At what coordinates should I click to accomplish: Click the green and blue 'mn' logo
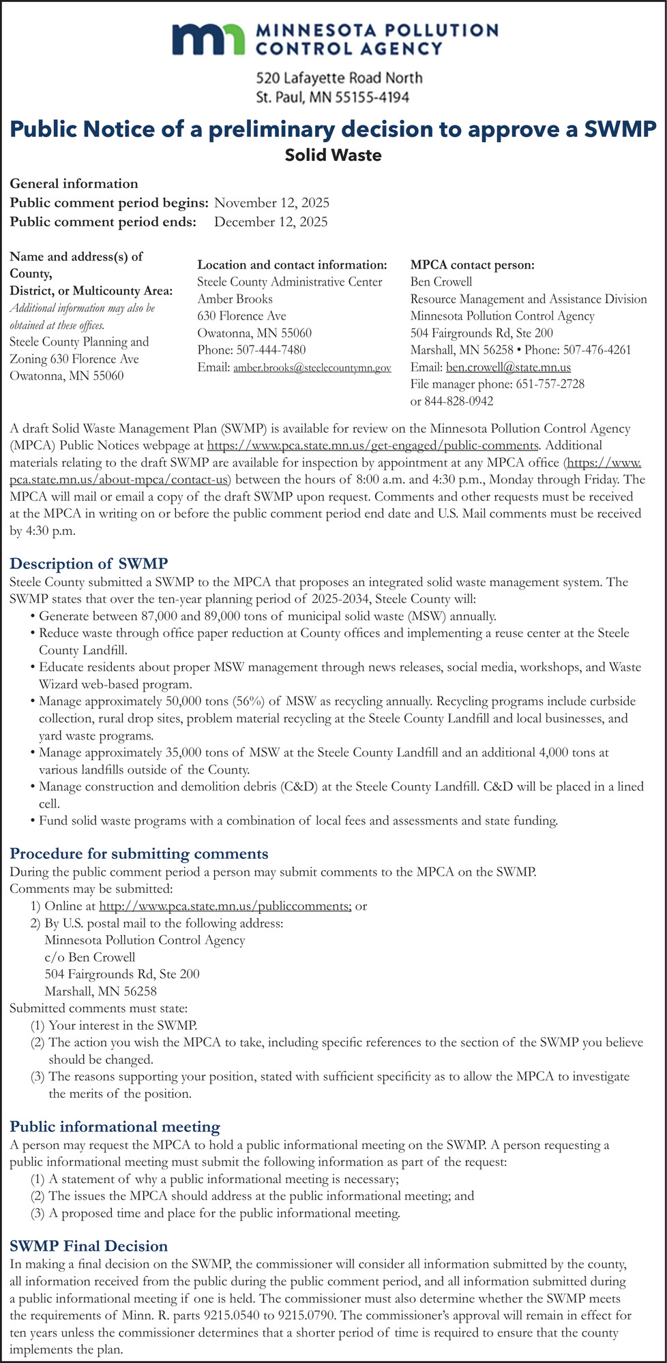(209, 40)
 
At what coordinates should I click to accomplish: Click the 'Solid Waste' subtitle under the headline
(333, 155)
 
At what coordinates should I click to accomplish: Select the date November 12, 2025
(271, 202)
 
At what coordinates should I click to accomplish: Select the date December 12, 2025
(271, 221)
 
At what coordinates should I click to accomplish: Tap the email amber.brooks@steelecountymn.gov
(312, 368)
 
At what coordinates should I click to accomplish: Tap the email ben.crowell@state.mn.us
(508, 367)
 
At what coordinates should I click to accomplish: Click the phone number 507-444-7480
(271, 350)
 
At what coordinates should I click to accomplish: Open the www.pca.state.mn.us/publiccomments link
(225, 906)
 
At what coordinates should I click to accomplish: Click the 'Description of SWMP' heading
(89, 564)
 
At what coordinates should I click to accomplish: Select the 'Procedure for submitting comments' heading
(139, 853)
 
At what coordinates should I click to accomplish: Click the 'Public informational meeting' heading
(115, 1127)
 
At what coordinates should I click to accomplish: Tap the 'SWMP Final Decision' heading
(89, 1246)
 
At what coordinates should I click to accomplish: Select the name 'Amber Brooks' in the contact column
(235, 298)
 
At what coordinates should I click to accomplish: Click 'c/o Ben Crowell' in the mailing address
(90, 957)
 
